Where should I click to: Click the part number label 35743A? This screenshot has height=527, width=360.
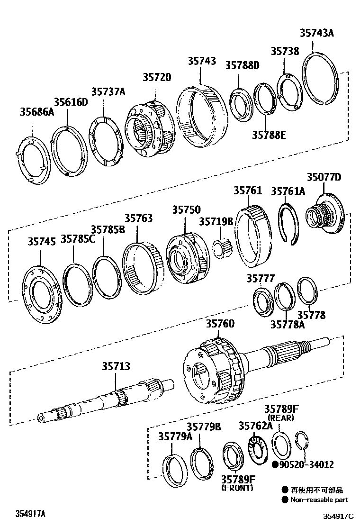[316, 33]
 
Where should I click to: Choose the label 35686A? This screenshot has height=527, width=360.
[37, 112]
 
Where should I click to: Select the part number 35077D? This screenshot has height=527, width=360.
[324, 178]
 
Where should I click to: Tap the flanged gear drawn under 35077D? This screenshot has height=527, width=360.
[327, 216]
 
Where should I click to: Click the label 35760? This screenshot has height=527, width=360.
[220, 325]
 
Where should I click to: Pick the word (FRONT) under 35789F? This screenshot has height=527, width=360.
[237, 488]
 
